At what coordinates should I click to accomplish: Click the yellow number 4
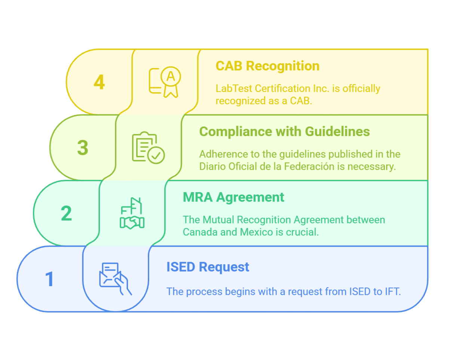pyautogui.click(x=99, y=82)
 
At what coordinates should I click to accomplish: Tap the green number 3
pyautogui.click(x=83, y=148)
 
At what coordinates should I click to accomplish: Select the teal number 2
pyautogui.click(x=66, y=213)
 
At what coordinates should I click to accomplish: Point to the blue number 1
pyautogui.click(x=49, y=279)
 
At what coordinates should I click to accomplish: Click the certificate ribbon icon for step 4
pyautogui.click(x=165, y=82)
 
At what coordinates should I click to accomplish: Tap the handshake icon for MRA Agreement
pyautogui.click(x=132, y=213)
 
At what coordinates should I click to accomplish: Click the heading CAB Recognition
pyautogui.click(x=268, y=66)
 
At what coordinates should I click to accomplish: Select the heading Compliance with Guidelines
pyautogui.click(x=284, y=132)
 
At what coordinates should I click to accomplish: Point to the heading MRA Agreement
pyautogui.click(x=233, y=197)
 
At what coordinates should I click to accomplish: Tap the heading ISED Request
pyautogui.click(x=208, y=267)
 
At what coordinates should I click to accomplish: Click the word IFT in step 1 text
pyautogui.click(x=393, y=292)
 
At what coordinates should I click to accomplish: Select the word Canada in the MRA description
pyautogui.click(x=199, y=232)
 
